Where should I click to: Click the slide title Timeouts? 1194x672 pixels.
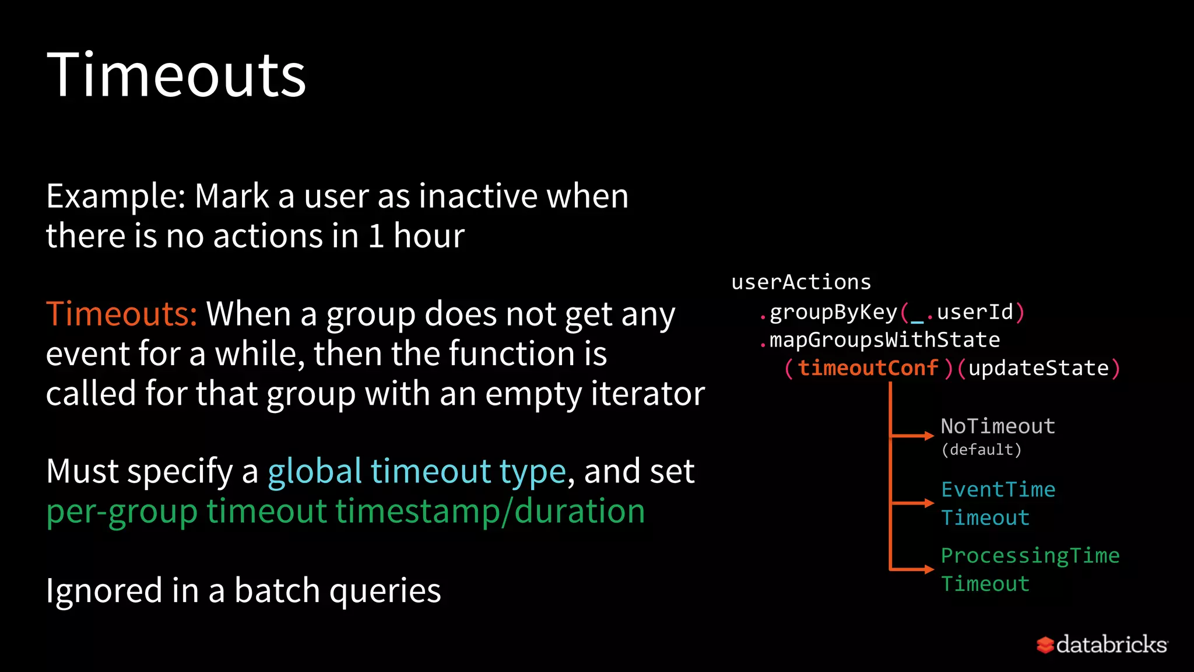point(176,75)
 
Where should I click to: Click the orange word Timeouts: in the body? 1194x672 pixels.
point(121,314)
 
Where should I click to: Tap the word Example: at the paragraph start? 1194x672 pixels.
point(115,196)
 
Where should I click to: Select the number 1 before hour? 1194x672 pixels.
point(376,236)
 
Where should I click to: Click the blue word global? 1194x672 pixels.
point(315,471)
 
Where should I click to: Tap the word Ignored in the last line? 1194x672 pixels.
point(104,590)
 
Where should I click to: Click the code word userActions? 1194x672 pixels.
point(801,282)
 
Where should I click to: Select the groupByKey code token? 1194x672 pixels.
point(833,313)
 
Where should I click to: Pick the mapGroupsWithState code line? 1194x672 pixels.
point(884,340)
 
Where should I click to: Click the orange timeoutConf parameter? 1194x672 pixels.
point(868,368)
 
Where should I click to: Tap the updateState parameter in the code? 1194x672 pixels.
point(1038,368)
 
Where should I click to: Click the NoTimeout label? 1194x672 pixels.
point(998,426)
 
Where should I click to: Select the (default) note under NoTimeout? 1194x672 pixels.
point(981,450)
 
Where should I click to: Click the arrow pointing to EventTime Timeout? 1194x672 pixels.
point(913,503)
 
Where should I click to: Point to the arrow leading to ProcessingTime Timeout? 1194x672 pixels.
point(913,569)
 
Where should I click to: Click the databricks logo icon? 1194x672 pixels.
point(1045,645)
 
